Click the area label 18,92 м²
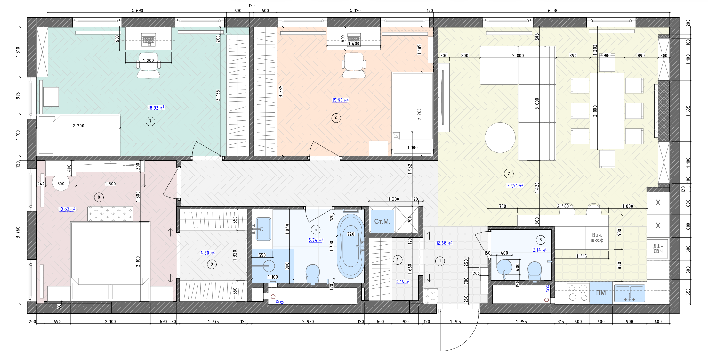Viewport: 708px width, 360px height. pos(156,108)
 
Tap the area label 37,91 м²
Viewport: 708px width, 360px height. pos(515,186)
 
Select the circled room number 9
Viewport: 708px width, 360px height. pos(212,264)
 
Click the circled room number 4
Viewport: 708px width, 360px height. pos(398,260)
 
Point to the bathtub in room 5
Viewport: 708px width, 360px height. pos(351,246)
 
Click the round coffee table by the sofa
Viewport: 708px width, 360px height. pos(500,138)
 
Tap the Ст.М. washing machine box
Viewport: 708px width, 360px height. pos(382,221)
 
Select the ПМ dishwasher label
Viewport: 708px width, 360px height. pos(601,293)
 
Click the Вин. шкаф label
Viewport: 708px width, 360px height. pos(597,238)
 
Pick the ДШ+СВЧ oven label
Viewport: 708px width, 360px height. pos(658,249)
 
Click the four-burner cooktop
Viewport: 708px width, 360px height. pos(578,293)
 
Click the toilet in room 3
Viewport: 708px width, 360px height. pos(535,272)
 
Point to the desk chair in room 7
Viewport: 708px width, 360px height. pos(149,65)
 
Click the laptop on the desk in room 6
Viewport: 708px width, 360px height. pos(354,38)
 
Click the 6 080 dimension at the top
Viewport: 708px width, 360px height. pos(554,11)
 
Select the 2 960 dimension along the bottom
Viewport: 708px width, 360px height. pos(308,322)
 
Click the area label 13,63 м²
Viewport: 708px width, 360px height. pos(67,209)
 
